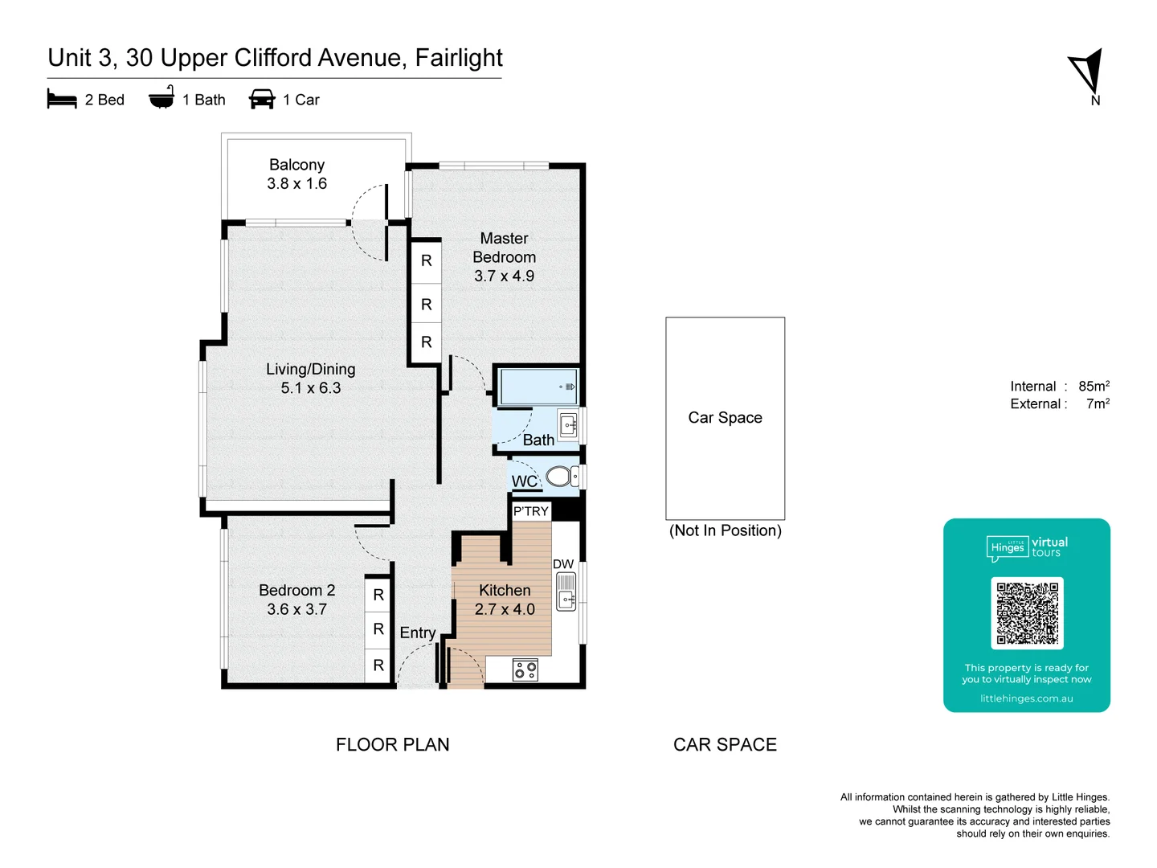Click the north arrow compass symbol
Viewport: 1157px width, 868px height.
[x=1087, y=72]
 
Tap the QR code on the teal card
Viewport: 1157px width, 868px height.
[x=1027, y=612]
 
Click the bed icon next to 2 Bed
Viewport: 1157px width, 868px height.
[x=62, y=100]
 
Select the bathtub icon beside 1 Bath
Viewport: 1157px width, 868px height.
[x=161, y=98]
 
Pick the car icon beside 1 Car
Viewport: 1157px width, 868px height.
[x=262, y=100]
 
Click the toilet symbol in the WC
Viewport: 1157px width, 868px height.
[x=561, y=477]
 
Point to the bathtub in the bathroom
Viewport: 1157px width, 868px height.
[x=538, y=387]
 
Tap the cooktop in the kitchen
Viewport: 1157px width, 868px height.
[x=525, y=669]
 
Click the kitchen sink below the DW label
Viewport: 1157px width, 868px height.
[x=566, y=593]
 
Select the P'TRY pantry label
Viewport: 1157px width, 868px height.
[x=531, y=511]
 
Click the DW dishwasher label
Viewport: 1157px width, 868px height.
[x=563, y=564]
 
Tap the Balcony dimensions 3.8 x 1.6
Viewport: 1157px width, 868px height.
[x=297, y=184]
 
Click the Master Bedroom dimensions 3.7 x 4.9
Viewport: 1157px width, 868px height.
[x=504, y=276]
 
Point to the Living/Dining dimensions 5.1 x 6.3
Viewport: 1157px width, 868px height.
[x=311, y=388]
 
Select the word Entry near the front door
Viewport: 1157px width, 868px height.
[x=418, y=633]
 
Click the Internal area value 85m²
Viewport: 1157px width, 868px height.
[x=1094, y=387]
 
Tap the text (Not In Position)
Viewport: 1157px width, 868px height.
[x=725, y=530]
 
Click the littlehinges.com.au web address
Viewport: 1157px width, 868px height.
[x=1026, y=698]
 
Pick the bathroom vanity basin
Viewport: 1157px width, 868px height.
[x=568, y=425]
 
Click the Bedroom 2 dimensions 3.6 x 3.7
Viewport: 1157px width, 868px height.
[x=296, y=610]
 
